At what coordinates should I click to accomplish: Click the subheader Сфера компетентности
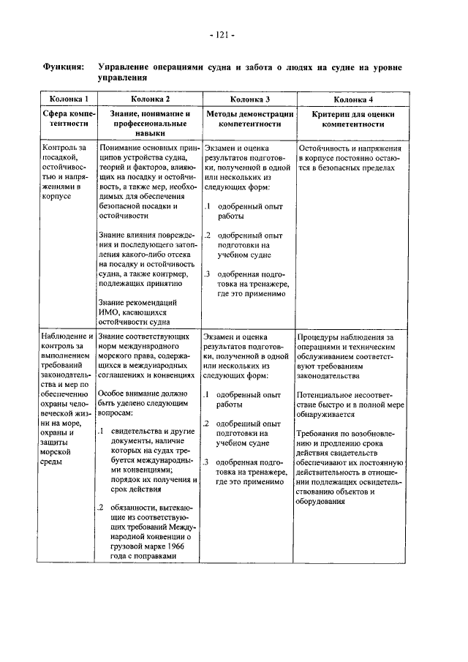click(x=69, y=119)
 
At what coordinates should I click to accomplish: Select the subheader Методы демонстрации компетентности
click(x=250, y=119)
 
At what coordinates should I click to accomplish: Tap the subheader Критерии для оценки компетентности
click(x=353, y=119)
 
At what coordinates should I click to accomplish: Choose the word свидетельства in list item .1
click(x=137, y=432)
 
